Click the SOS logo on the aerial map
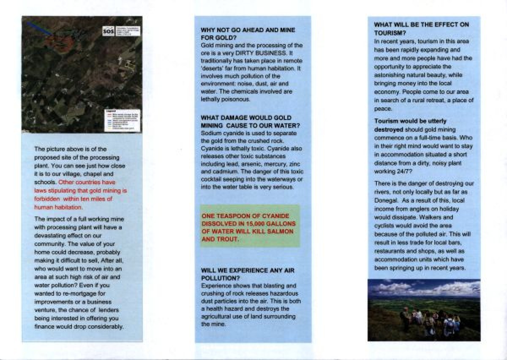coord(109,31)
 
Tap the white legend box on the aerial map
coord(122,120)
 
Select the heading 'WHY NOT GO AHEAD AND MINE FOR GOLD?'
coord(248,34)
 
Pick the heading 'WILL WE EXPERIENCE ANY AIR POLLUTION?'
coord(248,274)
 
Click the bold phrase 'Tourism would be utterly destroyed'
coord(410,125)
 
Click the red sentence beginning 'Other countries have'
coord(80,195)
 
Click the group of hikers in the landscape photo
coord(431,321)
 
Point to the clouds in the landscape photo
coord(422,289)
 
